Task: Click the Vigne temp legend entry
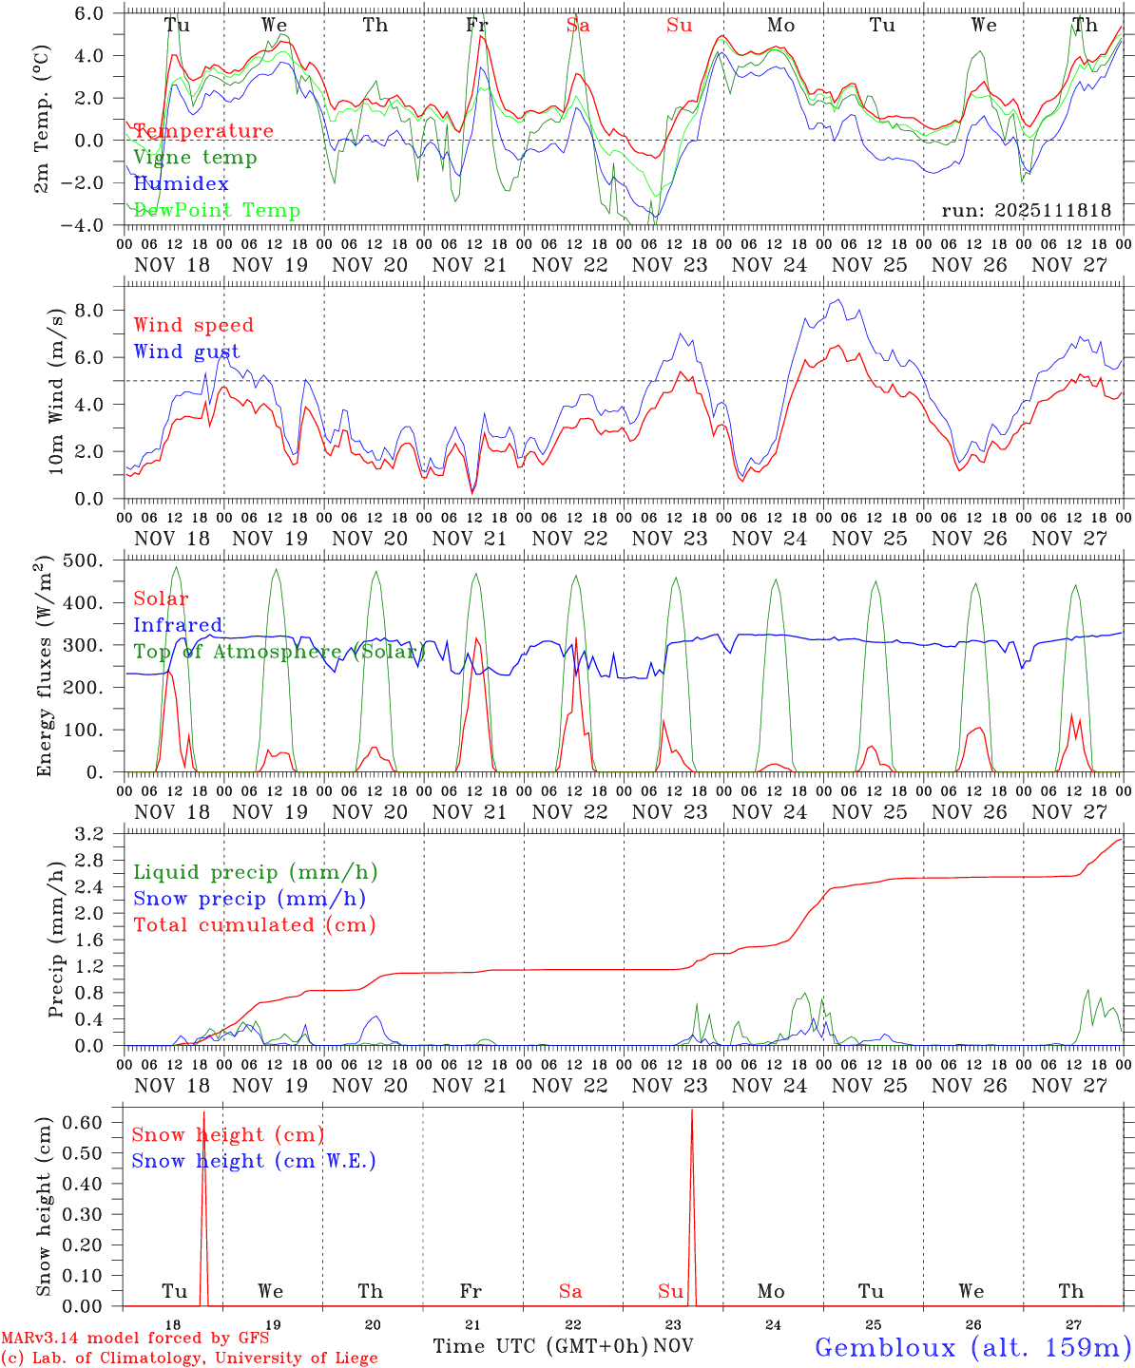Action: (195, 158)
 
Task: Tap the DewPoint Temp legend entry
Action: (217, 211)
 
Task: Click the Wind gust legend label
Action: (186, 351)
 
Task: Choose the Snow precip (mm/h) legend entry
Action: (249, 899)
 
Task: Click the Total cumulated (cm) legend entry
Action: (254, 925)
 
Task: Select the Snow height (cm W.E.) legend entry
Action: (253, 1161)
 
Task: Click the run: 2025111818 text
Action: (1026, 211)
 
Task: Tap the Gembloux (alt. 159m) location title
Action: (972, 1347)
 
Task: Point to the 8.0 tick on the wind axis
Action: (96, 311)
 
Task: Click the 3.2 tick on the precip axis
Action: (96, 835)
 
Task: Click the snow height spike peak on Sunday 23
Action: (691, 1111)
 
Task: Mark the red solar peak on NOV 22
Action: (576, 638)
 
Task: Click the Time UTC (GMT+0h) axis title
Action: (540, 1346)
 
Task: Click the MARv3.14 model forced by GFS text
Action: (134, 1339)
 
